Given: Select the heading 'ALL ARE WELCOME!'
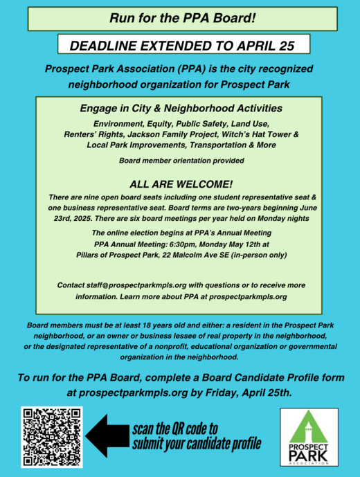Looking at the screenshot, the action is click(179, 185).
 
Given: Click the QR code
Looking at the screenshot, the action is click(53, 436).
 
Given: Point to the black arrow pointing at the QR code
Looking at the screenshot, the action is click(109, 435).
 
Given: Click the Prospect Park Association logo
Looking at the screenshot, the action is click(310, 438).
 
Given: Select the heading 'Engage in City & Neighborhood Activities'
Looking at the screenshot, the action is click(179, 109).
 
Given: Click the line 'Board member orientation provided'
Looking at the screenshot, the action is click(180, 161).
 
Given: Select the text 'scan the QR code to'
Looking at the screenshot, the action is click(174, 428).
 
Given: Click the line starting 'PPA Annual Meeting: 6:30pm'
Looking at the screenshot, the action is click(179, 244).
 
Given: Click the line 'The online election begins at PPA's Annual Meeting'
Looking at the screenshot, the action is click(179, 233).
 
